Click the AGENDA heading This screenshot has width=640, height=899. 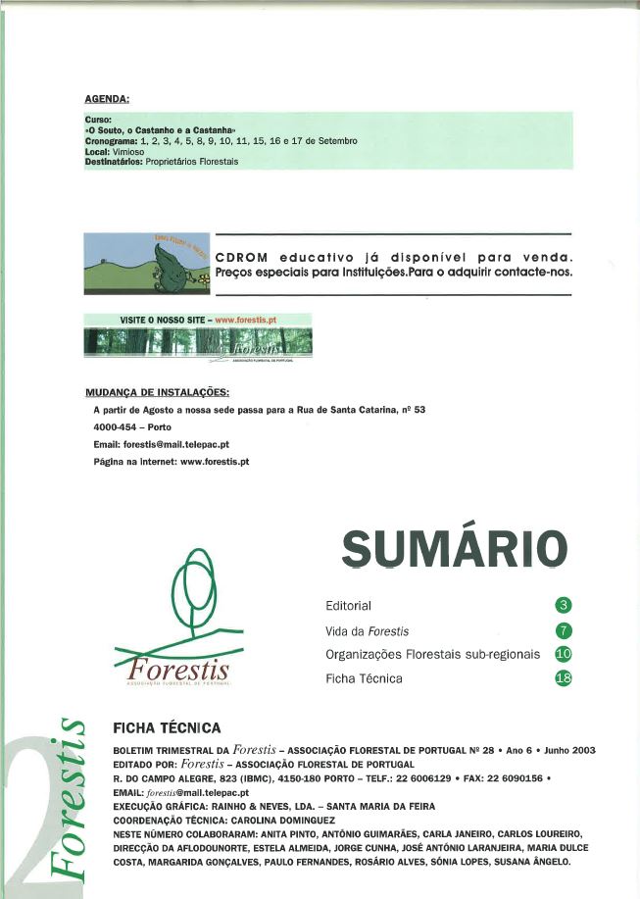pyautogui.click(x=108, y=99)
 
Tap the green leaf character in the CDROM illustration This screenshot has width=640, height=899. pyautogui.click(x=172, y=262)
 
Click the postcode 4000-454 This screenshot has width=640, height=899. pyautogui.click(x=115, y=426)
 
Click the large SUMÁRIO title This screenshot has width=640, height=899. pyautogui.click(x=455, y=546)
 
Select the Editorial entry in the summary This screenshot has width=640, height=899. pyautogui.click(x=348, y=605)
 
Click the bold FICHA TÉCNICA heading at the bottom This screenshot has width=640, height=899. pyautogui.click(x=168, y=728)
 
